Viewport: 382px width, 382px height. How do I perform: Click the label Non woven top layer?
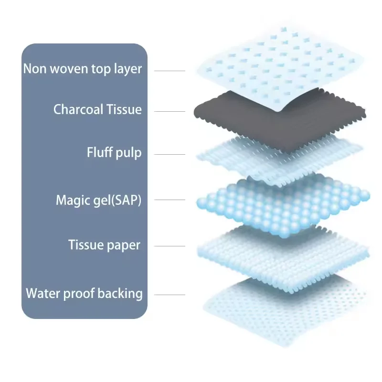click(83, 69)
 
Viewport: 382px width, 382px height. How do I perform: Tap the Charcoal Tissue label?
click(97, 109)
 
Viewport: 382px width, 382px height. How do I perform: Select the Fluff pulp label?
click(114, 153)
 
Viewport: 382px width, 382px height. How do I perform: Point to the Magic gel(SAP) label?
click(98, 200)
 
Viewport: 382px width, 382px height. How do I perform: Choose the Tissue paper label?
click(104, 245)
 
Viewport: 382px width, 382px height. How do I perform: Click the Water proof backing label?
click(84, 293)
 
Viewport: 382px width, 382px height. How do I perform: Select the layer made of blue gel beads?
click(282, 205)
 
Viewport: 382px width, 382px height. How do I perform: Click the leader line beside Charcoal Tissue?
click(170, 111)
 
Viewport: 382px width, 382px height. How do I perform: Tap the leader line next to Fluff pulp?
click(170, 154)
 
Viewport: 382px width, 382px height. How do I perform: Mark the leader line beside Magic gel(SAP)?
click(170, 200)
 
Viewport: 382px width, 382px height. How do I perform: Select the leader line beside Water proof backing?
click(170, 295)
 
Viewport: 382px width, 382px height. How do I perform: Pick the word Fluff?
click(99, 153)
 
